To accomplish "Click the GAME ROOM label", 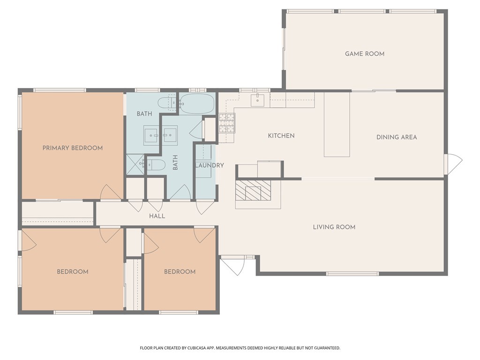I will (364, 54).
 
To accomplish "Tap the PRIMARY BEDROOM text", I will (73, 148).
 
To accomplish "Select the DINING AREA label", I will (397, 137).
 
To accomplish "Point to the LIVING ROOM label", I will (334, 227).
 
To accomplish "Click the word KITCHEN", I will (281, 136).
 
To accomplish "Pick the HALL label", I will (157, 216).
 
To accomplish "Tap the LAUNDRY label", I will (209, 165).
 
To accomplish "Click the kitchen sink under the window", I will (257, 99).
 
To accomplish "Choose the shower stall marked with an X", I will (135, 165).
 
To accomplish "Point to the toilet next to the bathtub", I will (167, 102).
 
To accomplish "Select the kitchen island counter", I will (337, 124).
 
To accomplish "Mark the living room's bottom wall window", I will (352, 273).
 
